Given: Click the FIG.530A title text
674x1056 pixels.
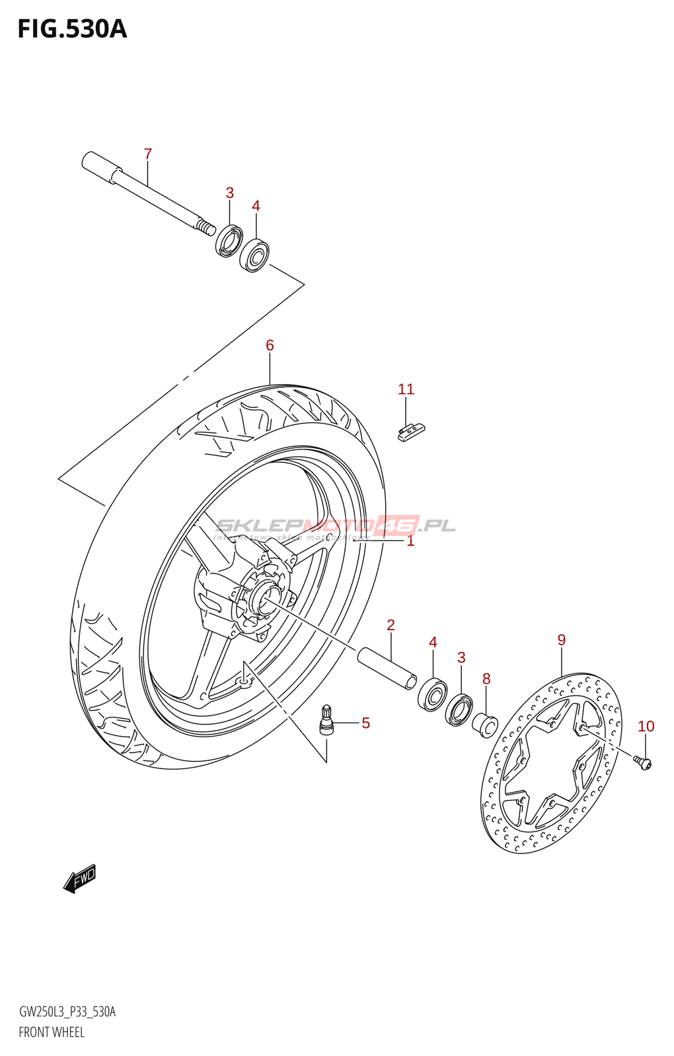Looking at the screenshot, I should click(72, 30).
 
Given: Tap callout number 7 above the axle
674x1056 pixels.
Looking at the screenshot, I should click(148, 154).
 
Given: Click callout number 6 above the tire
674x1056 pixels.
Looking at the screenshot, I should click(270, 345).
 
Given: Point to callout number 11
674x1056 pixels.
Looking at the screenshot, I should click(406, 389).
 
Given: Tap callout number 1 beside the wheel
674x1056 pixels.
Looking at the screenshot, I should click(410, 541).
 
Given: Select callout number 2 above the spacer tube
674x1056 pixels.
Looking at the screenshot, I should click(391, 625).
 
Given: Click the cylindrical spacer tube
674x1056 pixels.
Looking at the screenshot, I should click(387, 669).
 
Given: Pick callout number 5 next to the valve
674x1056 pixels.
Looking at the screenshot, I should click(365, 723).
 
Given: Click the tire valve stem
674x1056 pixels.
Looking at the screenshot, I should click(326, 720).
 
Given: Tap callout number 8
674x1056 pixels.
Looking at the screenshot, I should click(486, 678).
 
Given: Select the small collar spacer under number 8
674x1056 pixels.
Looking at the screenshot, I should click(484, 725).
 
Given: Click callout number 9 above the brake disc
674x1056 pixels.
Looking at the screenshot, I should click(561, 640).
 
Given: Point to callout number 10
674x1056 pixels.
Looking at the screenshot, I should click(646, 727).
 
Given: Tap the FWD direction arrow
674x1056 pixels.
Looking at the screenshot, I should click(80, 879).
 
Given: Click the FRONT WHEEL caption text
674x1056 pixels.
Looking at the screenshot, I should click(52, 1032).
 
